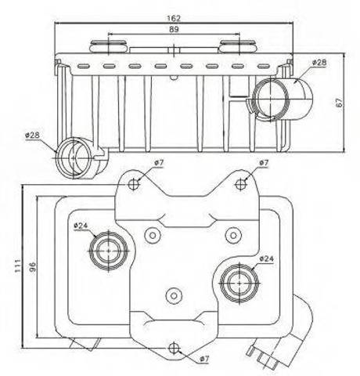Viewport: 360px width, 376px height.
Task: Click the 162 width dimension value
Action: click(x=174, y=18)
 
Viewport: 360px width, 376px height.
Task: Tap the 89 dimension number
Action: click(x=174, y=29)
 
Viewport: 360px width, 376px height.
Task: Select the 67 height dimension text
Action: click(x=339, y=103)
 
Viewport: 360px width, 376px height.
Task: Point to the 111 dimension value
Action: click(x=18, y=266)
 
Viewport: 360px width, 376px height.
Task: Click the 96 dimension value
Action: click(x=32, y=267)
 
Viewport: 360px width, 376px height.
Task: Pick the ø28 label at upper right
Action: click(x=319, y=63)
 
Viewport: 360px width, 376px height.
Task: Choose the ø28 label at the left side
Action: click(x=33, y=135)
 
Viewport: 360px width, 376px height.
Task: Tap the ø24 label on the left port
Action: click(x=81, y=225)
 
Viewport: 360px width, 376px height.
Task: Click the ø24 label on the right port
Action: click(x=267, y=258)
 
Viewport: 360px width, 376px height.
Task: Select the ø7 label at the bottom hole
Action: click(x=204, y=359)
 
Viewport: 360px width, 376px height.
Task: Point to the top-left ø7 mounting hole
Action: click(x=134, y=184)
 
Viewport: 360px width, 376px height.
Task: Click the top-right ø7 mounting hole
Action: click(x=241, y=184)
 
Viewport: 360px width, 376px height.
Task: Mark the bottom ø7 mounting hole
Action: click(x=173, y=348)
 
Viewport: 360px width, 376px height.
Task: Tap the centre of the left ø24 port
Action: click(x=109, y=251)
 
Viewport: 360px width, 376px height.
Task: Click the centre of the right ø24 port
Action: click(x=239, y=284)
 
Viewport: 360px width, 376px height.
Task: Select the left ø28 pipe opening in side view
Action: click(x=74, y=158)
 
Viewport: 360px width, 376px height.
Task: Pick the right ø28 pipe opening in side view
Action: click(x=272, y=99)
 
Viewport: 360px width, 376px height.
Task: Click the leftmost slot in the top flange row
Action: click(x=83, y=67)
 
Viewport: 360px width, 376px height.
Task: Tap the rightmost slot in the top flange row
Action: click(x=264, y=67)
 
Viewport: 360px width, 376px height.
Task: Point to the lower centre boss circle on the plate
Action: click(x=174, y=296)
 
